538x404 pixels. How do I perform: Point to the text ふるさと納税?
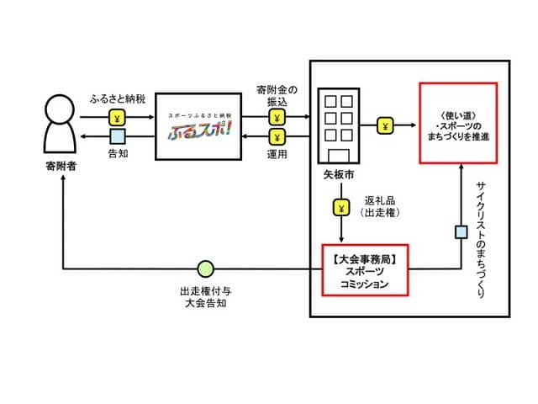tap(118, 100)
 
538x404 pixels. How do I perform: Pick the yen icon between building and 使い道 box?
tap(385, 126)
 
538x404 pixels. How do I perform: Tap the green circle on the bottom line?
tap(205, 269)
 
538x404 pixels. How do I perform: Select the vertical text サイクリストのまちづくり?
tap(481, 237)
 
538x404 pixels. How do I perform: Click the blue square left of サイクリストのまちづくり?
tap(461, 231)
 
